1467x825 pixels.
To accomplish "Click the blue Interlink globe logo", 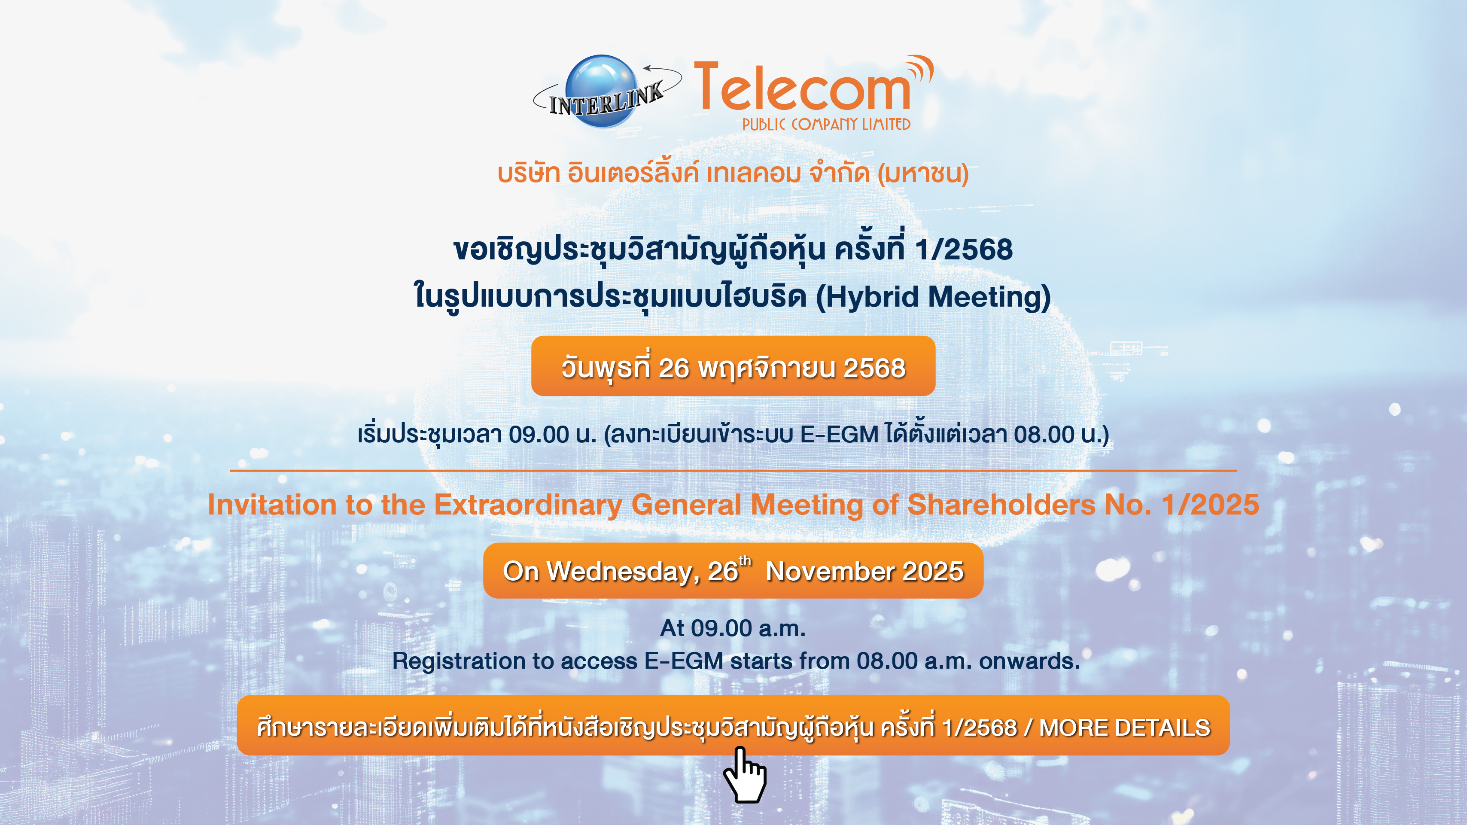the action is [x=601, y=91].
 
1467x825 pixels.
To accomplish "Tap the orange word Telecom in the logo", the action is [x=802, y=87].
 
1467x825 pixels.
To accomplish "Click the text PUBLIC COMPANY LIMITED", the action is [x=826, y=124].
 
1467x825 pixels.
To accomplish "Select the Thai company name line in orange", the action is [x=733, y=173].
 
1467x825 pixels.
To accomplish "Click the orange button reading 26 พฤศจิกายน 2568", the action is [x=733, y=365].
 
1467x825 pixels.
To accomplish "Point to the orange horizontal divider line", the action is [x=733, y=471].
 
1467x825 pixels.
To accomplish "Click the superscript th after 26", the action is [x=745, y=561].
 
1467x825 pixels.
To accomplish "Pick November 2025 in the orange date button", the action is [x=864, y=572].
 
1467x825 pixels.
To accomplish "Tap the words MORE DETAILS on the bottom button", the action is [x=1125, y=728].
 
